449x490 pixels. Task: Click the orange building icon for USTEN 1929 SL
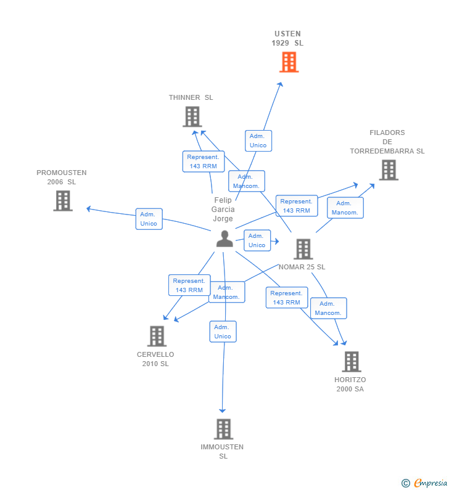289,62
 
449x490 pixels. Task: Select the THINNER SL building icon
192,116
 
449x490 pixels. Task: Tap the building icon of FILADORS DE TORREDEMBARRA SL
388,170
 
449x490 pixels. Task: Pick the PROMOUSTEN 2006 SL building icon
62,201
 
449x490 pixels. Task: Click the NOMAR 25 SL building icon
303,249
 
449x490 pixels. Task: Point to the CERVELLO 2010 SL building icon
157,336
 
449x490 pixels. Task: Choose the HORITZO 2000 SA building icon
351,362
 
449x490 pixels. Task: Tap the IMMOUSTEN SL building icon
223,429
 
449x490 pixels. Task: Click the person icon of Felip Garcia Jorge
224,239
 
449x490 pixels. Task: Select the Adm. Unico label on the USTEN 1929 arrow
258,141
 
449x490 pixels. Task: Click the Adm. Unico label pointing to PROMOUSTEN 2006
149,219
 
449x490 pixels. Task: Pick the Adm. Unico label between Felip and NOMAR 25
257,240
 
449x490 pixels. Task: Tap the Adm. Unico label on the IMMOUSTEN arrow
222,332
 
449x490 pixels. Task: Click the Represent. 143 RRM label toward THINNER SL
203,161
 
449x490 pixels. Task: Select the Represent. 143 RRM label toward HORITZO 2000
286,298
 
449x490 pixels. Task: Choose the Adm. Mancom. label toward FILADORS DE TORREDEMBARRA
345,208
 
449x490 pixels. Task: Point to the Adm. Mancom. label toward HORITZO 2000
328,308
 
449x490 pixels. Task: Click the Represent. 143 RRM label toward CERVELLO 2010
189,285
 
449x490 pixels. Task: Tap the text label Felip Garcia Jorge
223,210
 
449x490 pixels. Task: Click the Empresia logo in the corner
425,483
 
